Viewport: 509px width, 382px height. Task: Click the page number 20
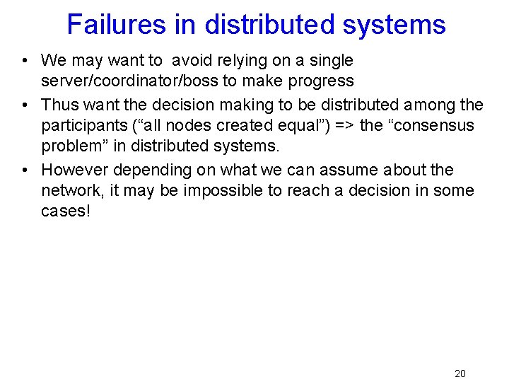point(460,374)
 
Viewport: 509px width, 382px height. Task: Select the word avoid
point(192,61)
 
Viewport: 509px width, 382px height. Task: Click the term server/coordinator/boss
point(129,81)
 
